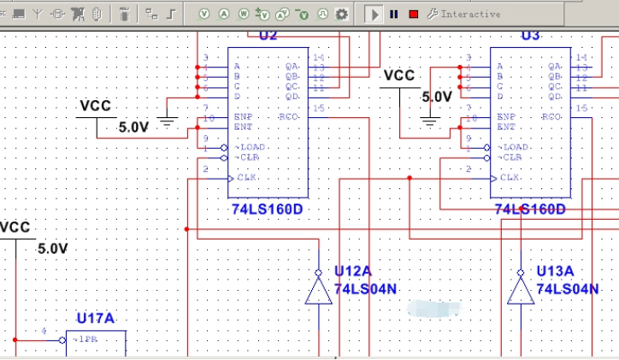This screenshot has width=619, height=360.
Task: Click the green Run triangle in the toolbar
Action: [x=374, y=14]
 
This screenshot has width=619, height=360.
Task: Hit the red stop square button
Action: [x=413, y=14]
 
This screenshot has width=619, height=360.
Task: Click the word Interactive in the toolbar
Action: [x=470, y=14]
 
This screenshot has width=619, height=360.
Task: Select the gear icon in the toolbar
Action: [x=341, y=14]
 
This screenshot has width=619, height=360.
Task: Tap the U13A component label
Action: [x=555, y=271]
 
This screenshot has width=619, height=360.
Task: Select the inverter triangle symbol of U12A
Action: [x=318, y=291]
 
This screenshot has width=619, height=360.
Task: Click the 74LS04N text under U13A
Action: [x=568, y=289]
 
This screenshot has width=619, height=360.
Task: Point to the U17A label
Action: [x=95, y=319]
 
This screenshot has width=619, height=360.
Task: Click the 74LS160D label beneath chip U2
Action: [x=267, y=210]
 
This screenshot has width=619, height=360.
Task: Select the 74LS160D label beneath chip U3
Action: [x=530, y=210]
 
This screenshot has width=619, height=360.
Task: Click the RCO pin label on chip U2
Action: [x=290, y=116]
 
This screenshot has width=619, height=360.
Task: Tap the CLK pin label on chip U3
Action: [x=510, y=177]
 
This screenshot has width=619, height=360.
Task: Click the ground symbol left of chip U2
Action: [x=168, y=121]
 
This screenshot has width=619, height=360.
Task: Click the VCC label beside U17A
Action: [x=15, y=227]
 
